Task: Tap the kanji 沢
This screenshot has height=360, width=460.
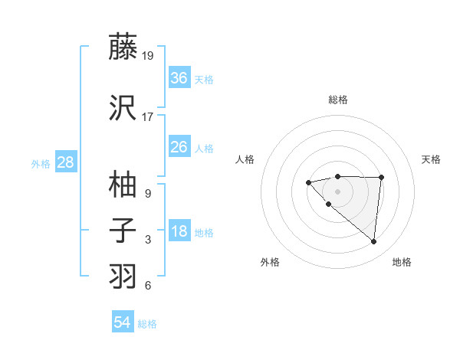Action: pos(123,107)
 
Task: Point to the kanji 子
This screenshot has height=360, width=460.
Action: pos(123,230)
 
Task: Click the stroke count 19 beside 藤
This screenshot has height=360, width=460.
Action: pos(148,55)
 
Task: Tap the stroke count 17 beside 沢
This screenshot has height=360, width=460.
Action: pos(148,117)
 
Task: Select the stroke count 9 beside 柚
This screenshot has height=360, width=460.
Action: pos(148,193)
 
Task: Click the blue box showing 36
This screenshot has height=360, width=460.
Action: pos(179,78)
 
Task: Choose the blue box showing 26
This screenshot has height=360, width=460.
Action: pos(179,147)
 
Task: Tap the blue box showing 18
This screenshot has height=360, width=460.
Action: pos(179,231)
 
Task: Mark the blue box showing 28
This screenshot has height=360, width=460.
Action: pos(65,162)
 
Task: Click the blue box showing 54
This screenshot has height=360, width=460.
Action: pos(123,322)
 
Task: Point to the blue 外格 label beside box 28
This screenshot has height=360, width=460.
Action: pos(41,163)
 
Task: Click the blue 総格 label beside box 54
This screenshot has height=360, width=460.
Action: pos(147,324)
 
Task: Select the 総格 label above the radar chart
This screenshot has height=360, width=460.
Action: pos(338,100)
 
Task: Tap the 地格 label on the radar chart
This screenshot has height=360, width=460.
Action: pos(402,262)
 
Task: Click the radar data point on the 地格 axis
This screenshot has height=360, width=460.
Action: pos(373,242)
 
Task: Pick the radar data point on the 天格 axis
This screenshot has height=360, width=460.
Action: pos(381,178)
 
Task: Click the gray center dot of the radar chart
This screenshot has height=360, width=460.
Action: pos(337,191)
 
